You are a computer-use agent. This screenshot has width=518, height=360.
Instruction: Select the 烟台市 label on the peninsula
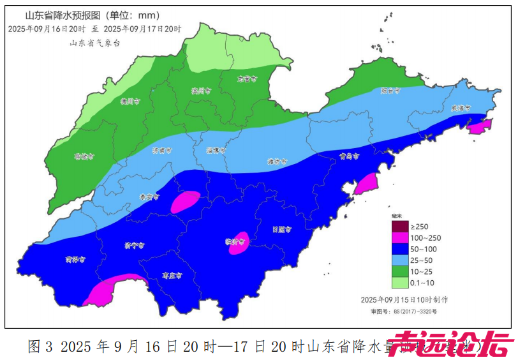click(x=390, y=91)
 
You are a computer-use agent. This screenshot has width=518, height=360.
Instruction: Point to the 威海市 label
click(x=460, y=108)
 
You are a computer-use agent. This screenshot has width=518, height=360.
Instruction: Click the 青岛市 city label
click(x=349, y=156)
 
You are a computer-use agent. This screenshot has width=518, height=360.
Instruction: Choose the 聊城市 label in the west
click(x=84, y=156)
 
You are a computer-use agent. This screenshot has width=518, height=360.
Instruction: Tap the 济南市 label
click(x=162, y=151)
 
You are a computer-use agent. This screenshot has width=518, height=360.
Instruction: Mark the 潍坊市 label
click(x=276, y=161)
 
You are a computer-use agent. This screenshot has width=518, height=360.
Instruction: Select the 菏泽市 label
click(x=75, y=260)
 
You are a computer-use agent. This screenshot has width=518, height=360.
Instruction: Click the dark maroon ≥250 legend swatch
click(x=399, y=227)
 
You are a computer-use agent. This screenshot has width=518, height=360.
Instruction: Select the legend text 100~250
click(x=426, y=238)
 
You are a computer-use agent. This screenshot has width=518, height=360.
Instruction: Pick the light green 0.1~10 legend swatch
click(x=399, y=283)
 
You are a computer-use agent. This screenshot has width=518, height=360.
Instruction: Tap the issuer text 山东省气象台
click(x=94, y=43)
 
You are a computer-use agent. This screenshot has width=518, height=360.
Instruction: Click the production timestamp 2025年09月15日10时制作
click(x=404, y=299)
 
